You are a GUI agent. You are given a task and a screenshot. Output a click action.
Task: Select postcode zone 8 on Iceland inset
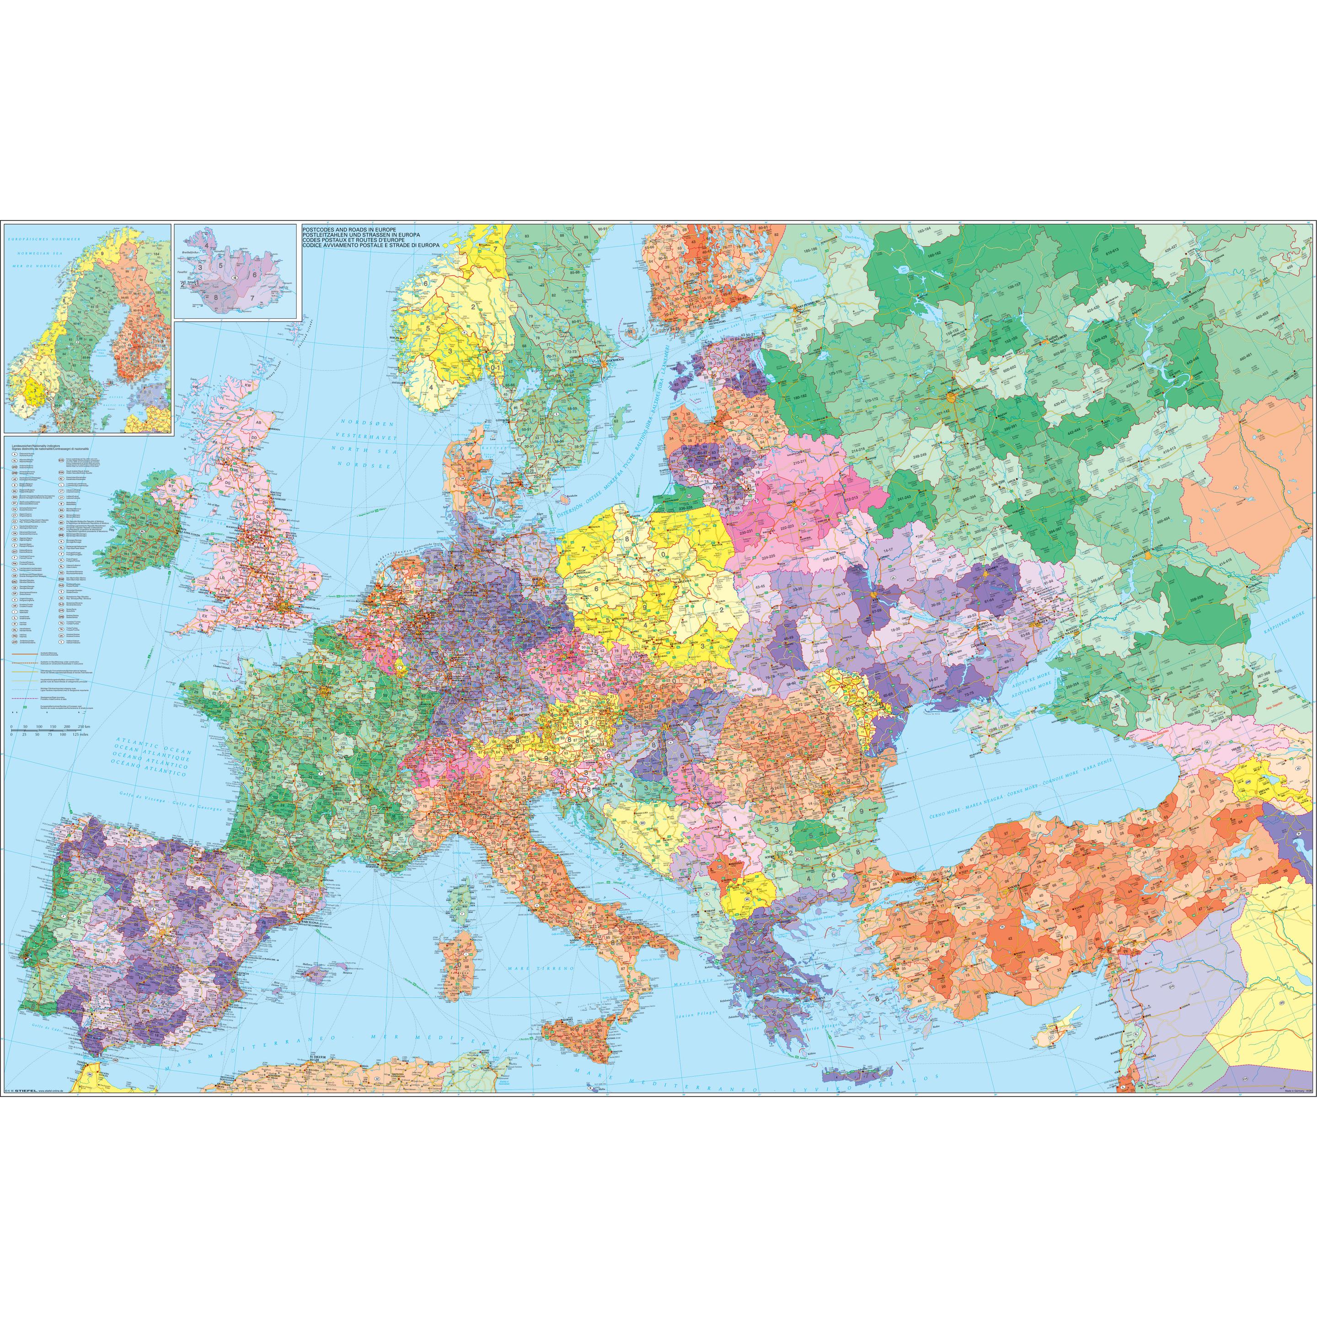click(217, 296)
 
